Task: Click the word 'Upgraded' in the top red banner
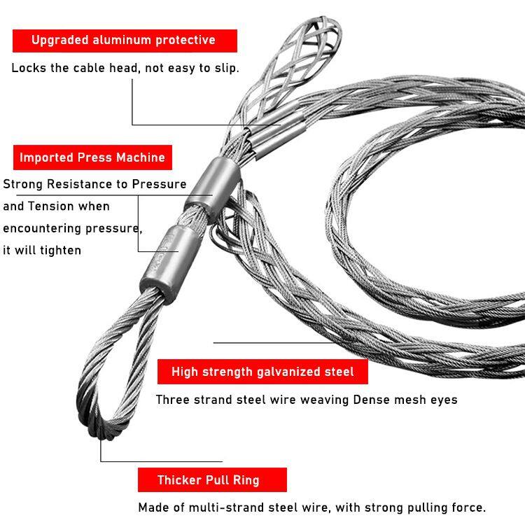click(x=60, y=40)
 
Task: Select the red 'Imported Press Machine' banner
click(x=92, y=157)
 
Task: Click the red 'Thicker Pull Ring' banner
click(x=212, y=479)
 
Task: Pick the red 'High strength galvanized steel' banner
click(x=262, y=372)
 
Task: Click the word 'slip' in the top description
click(x=226, y=68)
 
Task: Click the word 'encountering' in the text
click(x=42, y=228)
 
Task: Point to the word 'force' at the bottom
click(x=468, y=507)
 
